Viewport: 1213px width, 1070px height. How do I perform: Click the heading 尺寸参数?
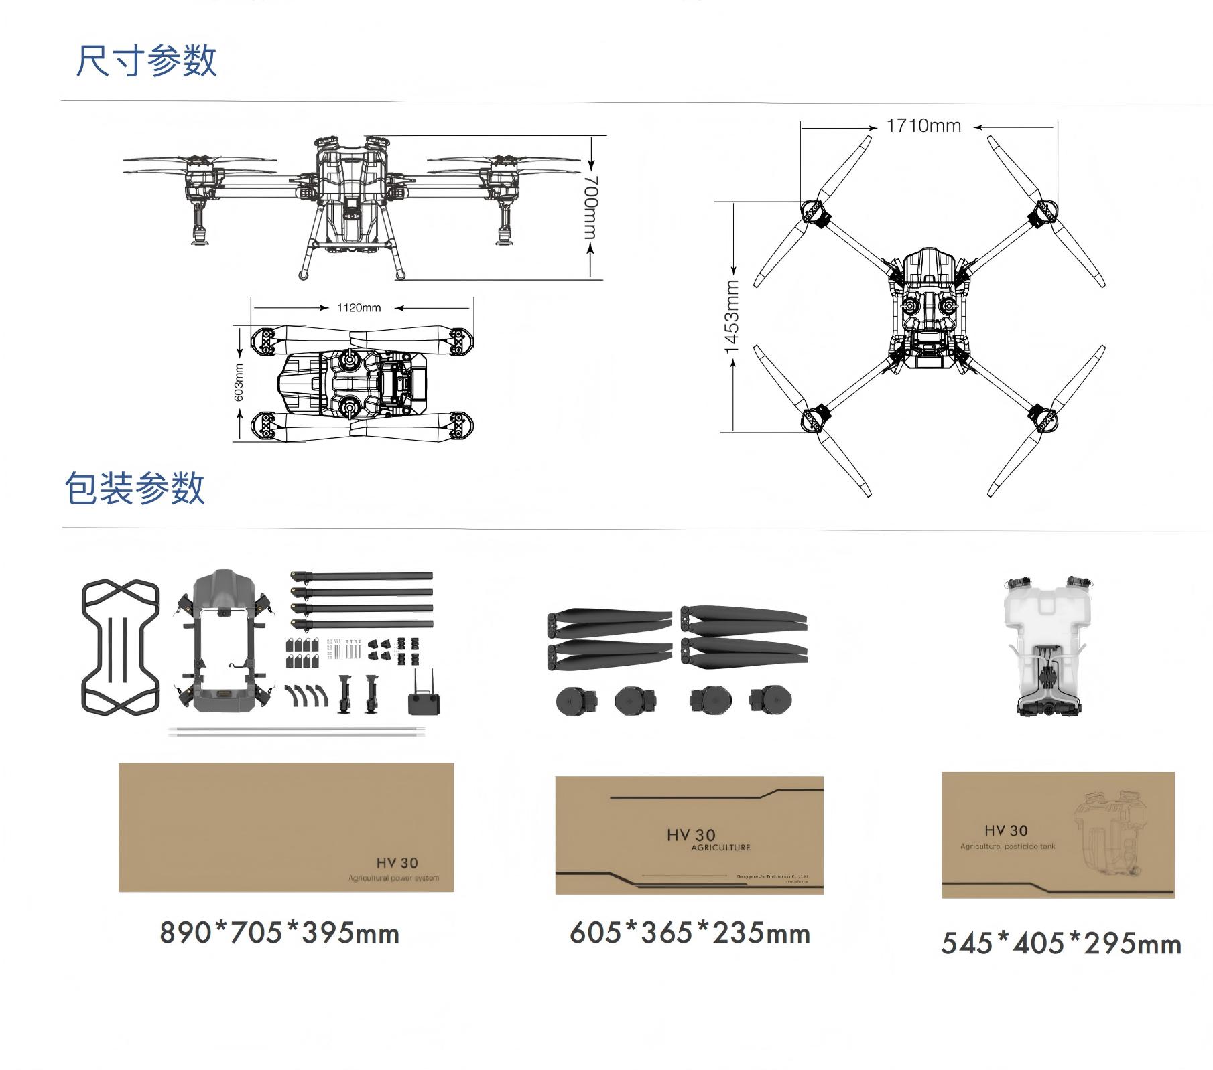click(x=146, y=61)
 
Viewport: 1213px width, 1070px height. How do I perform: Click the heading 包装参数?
click(x=135, y=487)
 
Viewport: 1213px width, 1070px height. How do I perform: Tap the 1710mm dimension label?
click(x=923, y=126)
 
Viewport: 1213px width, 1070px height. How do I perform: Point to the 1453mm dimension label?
click(x=732, y=316)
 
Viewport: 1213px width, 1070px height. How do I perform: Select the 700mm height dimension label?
click(x=590, y=207)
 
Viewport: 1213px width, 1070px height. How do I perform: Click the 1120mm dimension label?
click(x=359, y=308)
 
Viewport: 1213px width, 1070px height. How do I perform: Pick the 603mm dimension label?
click(x=239, y=382)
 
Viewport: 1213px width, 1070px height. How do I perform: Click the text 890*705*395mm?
click(x=279, y=933)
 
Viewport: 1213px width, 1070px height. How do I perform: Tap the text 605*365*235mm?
click(x=690, y=933)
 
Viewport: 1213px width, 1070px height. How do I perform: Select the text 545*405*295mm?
click(x=1061, y=943)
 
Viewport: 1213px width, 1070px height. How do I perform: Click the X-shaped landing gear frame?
click(x=121, y=647)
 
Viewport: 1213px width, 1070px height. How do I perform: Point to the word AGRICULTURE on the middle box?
click(x=720, y=848)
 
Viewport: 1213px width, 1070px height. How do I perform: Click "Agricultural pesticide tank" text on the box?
click(x=1007, y=846)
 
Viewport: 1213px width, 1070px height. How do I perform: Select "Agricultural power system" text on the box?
click(x=393, y=878)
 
